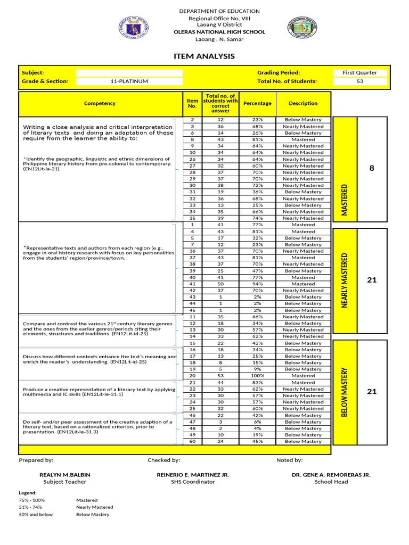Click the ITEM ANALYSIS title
coord(204,56)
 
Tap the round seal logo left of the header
coord(133,27)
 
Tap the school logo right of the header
coord(303,28)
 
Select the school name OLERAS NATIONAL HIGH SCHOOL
coord(219,32)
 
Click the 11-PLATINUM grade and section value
coord(129,81)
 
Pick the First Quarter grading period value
coord(359,72)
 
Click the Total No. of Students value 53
coord(359,81)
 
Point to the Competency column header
coord(100,104)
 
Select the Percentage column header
coord(257,104)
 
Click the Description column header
coord(303,104)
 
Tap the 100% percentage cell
coord(257,376)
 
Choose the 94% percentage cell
coord(257,284)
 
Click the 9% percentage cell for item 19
coord(257,369)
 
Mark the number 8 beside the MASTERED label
coord(372,168)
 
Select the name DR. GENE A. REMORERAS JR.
coord(331,475)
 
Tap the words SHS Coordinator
coord(193,482)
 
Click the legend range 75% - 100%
coord(31,500)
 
